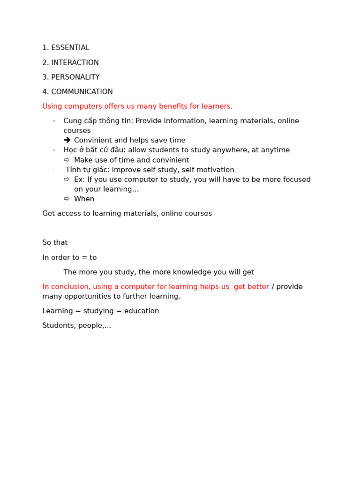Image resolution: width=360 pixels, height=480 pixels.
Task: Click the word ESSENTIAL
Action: [x=70, y=48]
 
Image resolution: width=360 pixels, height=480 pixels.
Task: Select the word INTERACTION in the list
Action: [x=75, y=63]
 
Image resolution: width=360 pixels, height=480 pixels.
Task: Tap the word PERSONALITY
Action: [x=75, y=77]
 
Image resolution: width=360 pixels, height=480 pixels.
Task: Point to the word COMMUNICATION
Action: [x=82, y=92]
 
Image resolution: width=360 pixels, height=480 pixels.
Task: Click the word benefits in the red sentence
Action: [x=173, y=106]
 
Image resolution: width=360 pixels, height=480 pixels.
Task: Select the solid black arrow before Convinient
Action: [x=67, y=140]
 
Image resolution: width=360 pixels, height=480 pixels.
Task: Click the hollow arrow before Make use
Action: [x=67, y=160]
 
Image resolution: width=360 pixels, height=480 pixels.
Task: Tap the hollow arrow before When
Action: [x=67, y=199]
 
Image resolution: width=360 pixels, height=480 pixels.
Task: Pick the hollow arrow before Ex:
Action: [x=67, y=180]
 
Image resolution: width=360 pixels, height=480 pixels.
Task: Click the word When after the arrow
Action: [x=84, y=199]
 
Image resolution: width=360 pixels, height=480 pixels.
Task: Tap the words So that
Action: [x=55, y=243]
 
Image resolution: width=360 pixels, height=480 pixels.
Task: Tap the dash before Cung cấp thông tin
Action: [x=54, y=121]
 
